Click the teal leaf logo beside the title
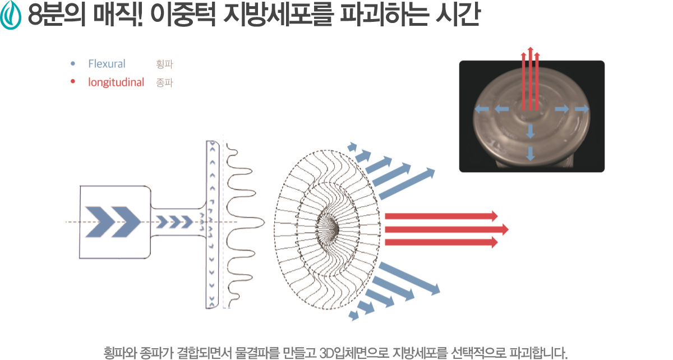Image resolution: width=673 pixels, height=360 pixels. coord(11,15)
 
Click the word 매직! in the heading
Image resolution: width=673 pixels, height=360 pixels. coord(118,15)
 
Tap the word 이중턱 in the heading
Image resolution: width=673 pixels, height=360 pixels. coord(183,15)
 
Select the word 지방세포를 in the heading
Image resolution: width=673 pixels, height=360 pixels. coord(278,15)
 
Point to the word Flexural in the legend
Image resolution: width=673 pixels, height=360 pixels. coord(107,64)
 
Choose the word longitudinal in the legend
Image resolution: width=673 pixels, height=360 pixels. coord(116,82)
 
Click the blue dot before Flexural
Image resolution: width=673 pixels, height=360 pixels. coord(73,64)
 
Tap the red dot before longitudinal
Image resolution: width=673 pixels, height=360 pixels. coord(73,81)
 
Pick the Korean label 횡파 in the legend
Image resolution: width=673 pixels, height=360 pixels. coord(164,64)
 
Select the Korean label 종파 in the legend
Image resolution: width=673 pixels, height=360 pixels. coord(164,82)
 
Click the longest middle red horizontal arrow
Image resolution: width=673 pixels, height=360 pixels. coord(446,229)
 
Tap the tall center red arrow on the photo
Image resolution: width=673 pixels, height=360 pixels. coord(531,79)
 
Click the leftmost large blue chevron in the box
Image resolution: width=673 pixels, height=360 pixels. coord(100,221)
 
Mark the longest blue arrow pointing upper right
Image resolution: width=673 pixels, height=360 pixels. coord(407,183)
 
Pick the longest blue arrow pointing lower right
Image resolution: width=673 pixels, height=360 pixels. coord(409,278)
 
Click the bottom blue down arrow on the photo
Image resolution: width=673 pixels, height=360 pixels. coord(531,154)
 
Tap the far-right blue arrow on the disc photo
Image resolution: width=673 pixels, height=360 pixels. coord(582,108)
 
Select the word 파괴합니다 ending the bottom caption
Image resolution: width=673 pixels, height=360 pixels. coord(538,353)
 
